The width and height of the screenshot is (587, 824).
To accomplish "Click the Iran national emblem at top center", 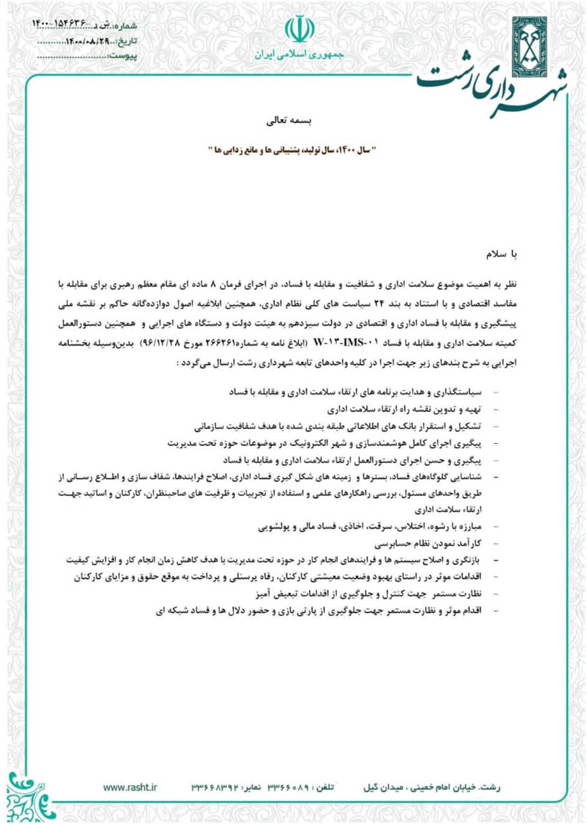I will (299, 29).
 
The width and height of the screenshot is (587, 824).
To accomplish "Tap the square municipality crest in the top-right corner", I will (528, 39).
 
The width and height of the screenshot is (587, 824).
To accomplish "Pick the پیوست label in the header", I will (123, 56).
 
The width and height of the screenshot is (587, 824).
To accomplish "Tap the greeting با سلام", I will (502, 254).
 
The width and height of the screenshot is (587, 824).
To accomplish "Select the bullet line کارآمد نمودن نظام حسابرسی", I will (428, 543).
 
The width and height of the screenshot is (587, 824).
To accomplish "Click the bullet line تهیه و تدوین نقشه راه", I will (405, 410).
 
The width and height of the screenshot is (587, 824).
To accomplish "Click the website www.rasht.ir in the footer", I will (130, 787).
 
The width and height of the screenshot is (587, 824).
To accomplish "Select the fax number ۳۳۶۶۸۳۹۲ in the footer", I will (214, 787).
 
